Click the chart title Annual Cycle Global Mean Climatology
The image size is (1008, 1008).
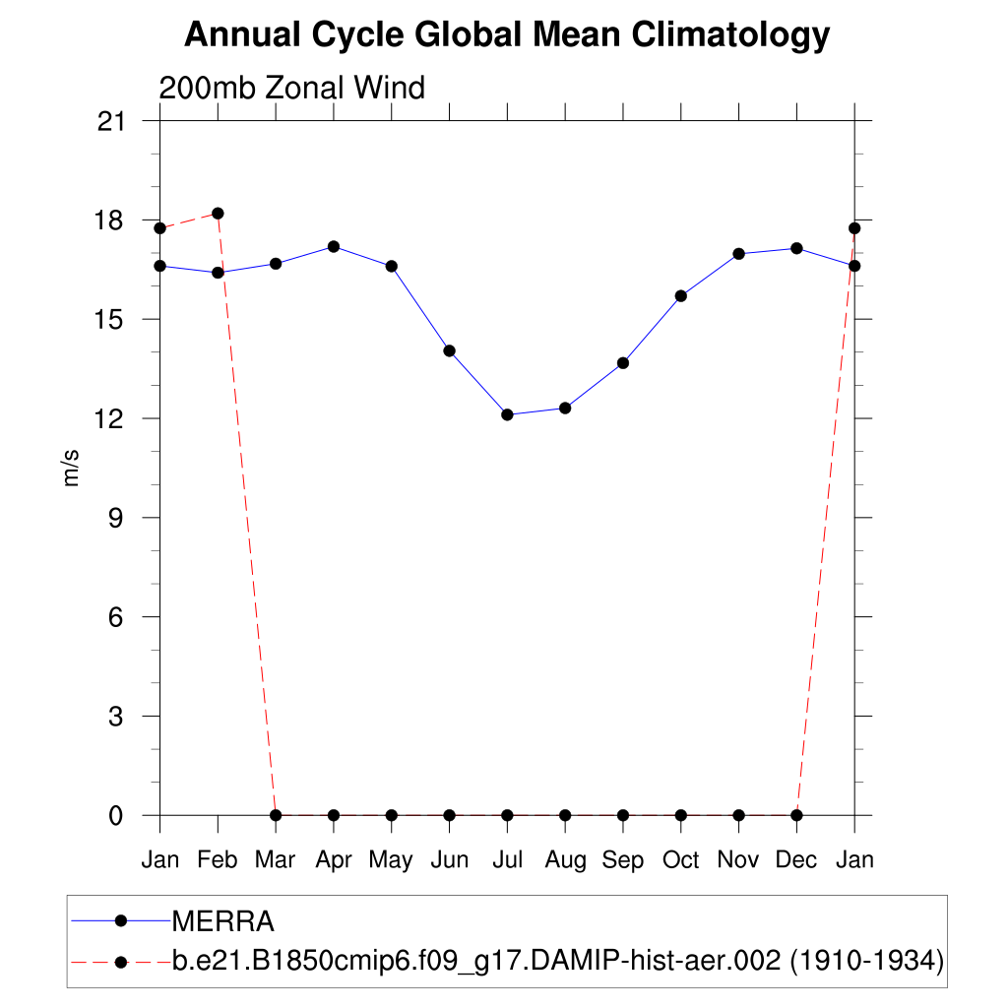tap(507, 35)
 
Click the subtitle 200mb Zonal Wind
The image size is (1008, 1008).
tap(291, 88)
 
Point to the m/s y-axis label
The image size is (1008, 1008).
tap(72, 469)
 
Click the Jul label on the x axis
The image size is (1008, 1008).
tap(507, 860)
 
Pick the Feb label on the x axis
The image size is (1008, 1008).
tap(218, 860)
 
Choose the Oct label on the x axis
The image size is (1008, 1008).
tap(680, 860)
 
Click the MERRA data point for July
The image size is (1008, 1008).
tap(507, 414)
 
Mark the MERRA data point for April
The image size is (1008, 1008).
tap(334, 246)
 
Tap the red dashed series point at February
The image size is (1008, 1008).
tap(218, 214)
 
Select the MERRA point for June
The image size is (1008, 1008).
tap(449, 350)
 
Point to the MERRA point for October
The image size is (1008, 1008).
tap(680, 295)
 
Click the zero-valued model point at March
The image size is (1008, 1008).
tap(276, 815)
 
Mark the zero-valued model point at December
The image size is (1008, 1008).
tap(796, 815)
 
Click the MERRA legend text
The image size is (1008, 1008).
tap(222, 921)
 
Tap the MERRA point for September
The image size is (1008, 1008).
tap(623, 363)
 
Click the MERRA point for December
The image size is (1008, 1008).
tap(796, 248)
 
